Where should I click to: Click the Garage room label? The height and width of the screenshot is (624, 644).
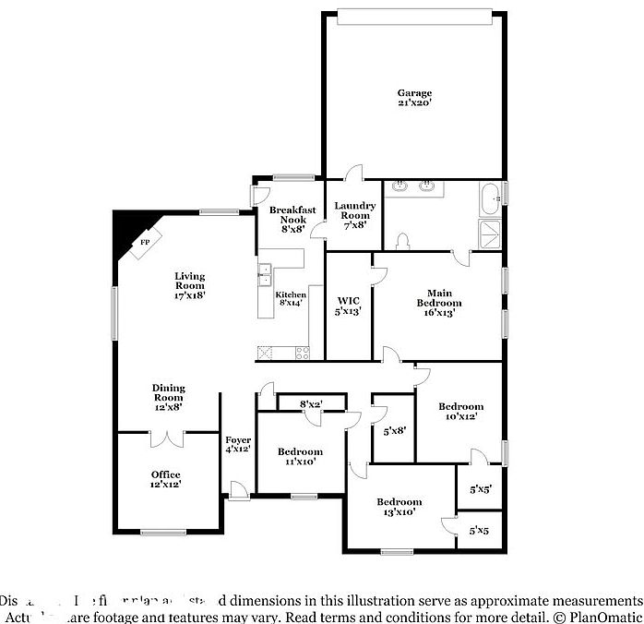414,98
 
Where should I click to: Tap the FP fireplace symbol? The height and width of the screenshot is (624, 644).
145,243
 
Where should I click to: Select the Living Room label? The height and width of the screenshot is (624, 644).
190,285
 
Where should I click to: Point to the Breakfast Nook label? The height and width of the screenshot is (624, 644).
292,220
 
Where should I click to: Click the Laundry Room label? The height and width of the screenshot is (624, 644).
354,215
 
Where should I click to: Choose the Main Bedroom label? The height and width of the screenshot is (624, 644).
438,302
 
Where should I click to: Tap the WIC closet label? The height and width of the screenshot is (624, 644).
348,306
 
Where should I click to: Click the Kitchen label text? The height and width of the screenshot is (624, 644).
292,298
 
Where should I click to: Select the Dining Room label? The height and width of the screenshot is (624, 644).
169,397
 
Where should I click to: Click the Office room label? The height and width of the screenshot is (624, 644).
166,479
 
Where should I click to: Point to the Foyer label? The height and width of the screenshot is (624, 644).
238,444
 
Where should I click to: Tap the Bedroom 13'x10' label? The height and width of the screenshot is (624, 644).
399,507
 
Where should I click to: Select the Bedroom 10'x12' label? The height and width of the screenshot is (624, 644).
460,412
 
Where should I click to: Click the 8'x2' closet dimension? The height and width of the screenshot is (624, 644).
311,403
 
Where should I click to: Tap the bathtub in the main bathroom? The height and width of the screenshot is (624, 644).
489,196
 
